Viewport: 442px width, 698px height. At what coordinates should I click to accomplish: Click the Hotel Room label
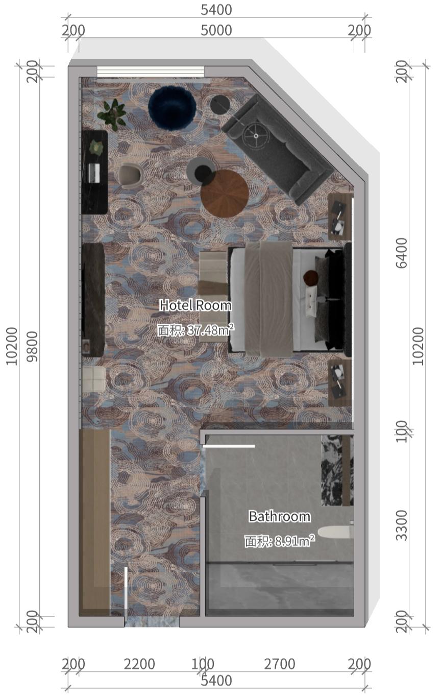(195, 306)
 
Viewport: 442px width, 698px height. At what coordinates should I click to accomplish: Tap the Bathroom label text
(279, 516)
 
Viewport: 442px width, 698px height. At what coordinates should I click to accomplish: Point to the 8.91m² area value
(294, 541)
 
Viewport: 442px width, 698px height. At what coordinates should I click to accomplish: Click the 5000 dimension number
(216, 30)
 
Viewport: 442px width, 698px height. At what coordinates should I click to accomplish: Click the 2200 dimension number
(139, 664)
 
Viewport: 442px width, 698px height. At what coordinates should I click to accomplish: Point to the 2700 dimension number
(280, 664)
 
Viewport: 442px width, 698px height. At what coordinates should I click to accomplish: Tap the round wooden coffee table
(225, 194)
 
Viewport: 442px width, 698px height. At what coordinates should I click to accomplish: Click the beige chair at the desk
(130, 175)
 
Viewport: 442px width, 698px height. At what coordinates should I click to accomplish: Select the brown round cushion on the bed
(310, 278)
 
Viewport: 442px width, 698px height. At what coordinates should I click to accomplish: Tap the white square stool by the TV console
(94, 379)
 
